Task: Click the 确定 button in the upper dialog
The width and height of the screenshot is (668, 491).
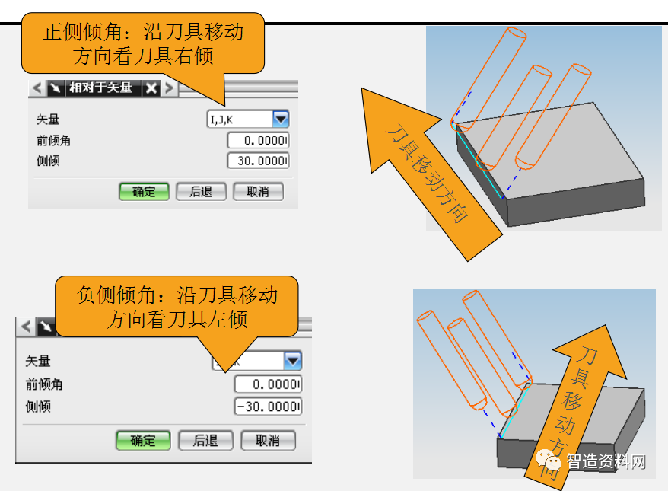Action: (x=143, y=192)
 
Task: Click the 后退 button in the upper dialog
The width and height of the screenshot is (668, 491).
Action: (x=201, y=192)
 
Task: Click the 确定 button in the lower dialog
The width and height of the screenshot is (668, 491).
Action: (x=142, y=440)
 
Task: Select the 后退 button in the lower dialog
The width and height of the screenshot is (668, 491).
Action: (x=205, y=440)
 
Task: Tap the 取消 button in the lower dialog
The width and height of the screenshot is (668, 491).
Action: (x=268, y=440)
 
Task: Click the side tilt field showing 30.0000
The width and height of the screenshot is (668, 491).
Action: (x=258, y=161)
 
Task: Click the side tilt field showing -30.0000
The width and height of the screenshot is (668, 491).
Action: (x=268, y=407)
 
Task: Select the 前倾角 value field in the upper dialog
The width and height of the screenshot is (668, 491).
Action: (x=258, y=141)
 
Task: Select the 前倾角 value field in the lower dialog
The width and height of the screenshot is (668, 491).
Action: (x=268, y=384)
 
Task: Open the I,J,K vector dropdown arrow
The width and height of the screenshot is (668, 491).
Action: (x=281, y=119)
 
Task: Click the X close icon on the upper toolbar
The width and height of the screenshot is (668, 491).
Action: (x=151, y=88)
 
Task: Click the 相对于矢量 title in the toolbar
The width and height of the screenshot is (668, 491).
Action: (x=100, y=88)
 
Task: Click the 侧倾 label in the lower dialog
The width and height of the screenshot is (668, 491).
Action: (x=38, y=407)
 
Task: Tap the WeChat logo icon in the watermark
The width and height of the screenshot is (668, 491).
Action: (x=549, y=461)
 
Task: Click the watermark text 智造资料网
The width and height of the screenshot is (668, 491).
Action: (x=607, y=461)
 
